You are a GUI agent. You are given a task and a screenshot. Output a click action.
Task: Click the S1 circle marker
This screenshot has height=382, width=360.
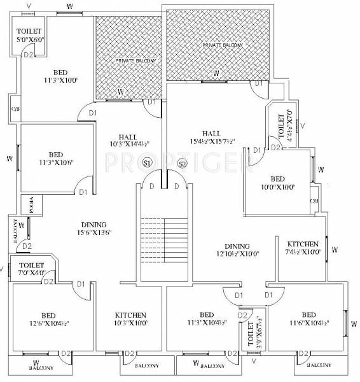pyautogui.click(x=148, y=163)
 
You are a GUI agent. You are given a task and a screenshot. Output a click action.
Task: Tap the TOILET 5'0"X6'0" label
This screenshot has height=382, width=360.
pyautogui.click(x=28, y=35)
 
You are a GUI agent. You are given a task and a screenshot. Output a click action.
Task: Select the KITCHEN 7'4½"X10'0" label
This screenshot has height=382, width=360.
pyautogui.click(x=303, y=248)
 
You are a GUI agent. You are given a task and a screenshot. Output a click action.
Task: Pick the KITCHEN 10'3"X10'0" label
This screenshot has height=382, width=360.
pyautogui.click(x=130, y=319)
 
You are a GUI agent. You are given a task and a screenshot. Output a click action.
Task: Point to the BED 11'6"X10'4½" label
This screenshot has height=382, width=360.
pyautogui.click(x=308, y=319)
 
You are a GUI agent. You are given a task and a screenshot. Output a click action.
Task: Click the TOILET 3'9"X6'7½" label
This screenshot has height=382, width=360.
pyautogui.click(x=251, y=331)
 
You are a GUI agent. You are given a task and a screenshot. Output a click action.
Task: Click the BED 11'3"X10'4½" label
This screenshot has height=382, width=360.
pyautogui.click(x=206, y=319)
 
